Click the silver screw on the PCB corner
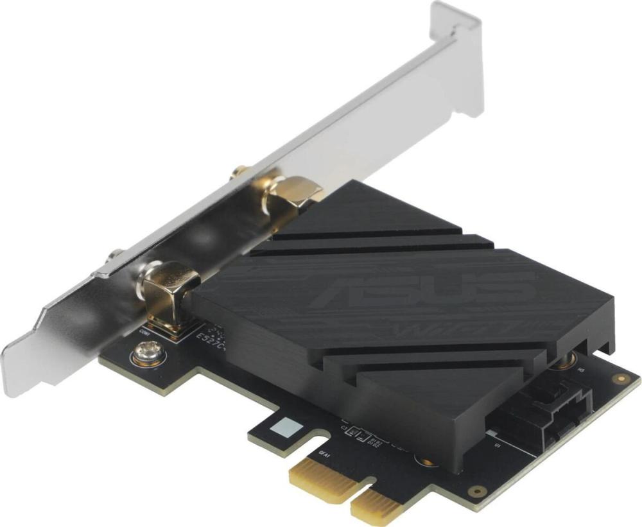pos(146,354)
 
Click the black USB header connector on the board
pos(552,411)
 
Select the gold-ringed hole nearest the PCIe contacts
pos(476,491)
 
